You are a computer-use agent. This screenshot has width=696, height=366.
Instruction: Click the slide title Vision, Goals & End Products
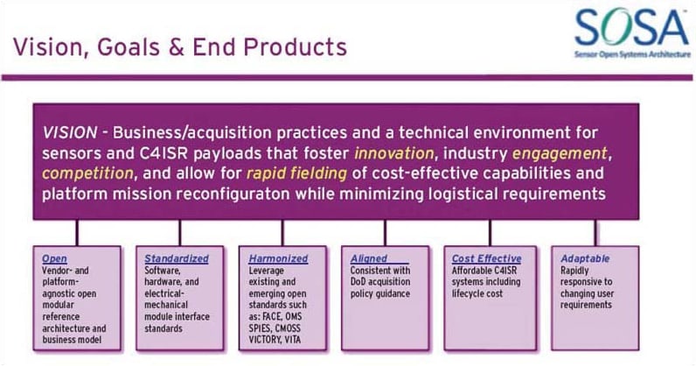pyautogui.click(x=179, y=45)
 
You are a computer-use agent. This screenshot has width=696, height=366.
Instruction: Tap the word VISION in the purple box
pyautogui.click(x=68, y=132)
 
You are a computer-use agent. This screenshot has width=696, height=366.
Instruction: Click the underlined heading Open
pyautogui.click(x=54, y=259)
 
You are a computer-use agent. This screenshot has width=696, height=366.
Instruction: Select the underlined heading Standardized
pyautogui.click(x=177, y=259)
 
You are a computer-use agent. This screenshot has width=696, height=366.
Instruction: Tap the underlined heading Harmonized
pyautogui.click(x=278, y=259)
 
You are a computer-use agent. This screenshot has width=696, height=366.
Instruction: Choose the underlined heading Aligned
pyautogui.click(x=368, y=259)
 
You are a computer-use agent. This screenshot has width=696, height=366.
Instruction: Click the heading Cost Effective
pyautogui.click(x=486, y=259)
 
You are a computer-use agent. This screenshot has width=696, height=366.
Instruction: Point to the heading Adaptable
pyautogui.click(x=586, y=259)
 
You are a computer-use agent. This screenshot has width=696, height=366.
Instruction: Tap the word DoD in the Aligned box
pyautogui.click(x=360, y=283)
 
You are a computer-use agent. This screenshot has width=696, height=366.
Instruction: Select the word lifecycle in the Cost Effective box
pyautogui.click(x=473, y=294)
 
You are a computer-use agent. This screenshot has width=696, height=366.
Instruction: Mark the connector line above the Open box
pyautogui.click(x=78, y=232)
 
